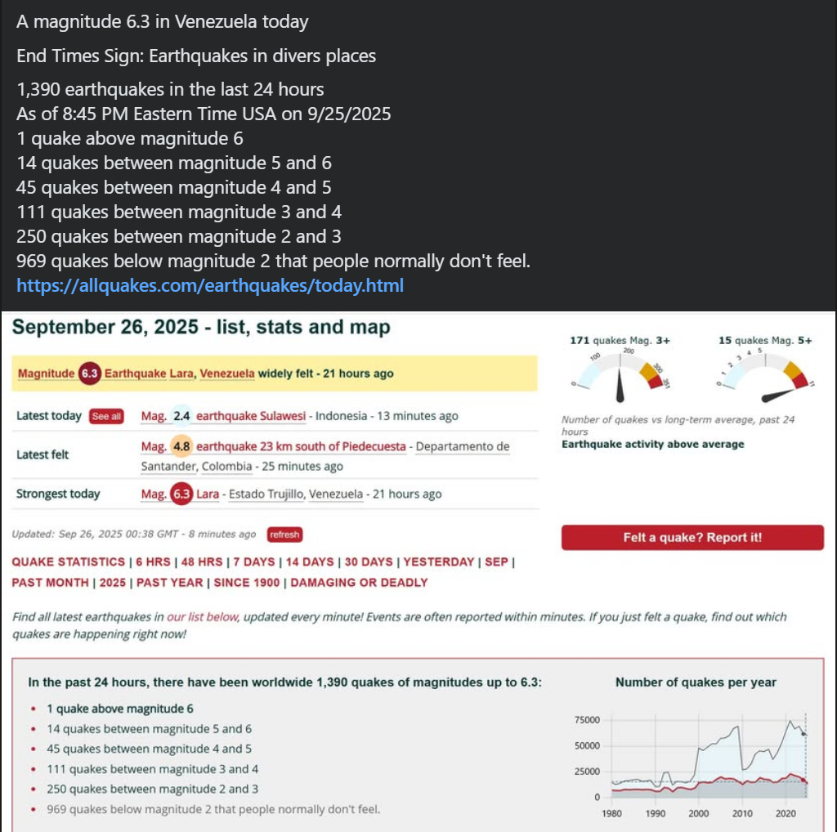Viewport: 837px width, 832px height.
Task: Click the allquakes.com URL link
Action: tap(210, 286)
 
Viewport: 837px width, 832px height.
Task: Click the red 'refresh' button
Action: tap(284, 535)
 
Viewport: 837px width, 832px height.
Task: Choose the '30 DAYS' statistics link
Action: tap(368, 562)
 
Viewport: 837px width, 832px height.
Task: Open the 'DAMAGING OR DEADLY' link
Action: tap(359, 583)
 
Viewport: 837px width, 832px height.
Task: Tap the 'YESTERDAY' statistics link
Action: tap(438, 562)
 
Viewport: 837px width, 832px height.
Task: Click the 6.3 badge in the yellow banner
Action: tap(89, 374)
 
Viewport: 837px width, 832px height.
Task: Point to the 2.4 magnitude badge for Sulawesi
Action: tap(181, 416)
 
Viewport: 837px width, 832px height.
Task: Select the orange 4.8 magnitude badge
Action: tap(181, 447)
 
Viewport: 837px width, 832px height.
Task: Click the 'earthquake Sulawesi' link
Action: tap(252, 416)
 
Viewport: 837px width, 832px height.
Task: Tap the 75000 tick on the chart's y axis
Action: tap(588, 720)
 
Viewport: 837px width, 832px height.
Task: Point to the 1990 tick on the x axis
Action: tap(655, 813)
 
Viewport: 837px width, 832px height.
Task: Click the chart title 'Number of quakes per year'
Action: tap(696, 682)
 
